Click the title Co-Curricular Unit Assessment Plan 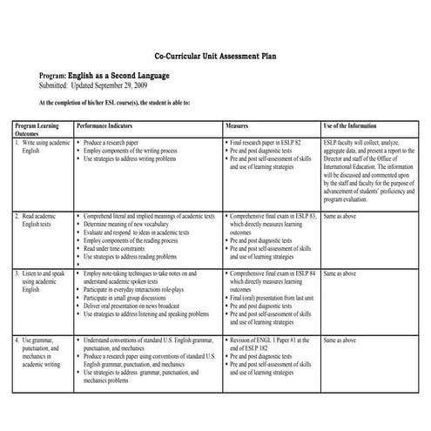215,53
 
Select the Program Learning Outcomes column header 37,130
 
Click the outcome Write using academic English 44,145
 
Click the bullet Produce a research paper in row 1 118,141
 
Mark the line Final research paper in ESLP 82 266,141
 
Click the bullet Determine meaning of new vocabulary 131,223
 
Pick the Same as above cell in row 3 340,273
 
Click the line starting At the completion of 114,102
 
